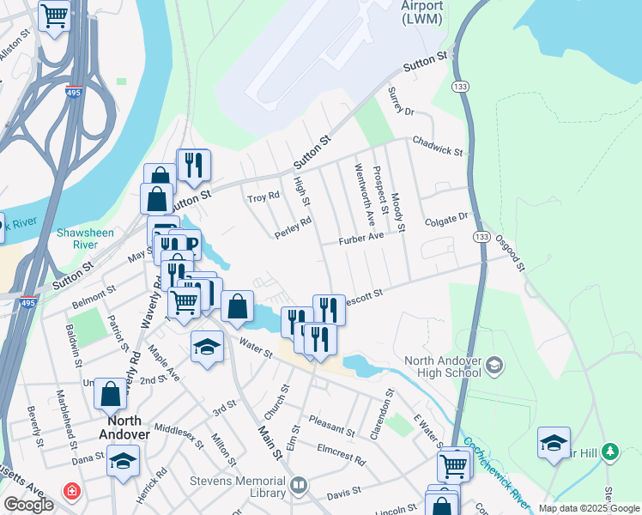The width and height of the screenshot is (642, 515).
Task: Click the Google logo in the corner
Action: click(28, 505)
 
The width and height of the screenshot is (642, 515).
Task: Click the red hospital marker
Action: click(71, 492)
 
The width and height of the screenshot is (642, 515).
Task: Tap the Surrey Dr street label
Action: click(400, 101)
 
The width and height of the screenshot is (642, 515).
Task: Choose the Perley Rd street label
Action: click(293, 227)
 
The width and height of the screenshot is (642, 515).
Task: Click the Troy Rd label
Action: click(263, 197)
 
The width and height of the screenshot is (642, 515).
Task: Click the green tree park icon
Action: click(610, 451)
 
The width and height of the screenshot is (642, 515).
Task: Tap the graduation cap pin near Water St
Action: click(206, 347)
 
